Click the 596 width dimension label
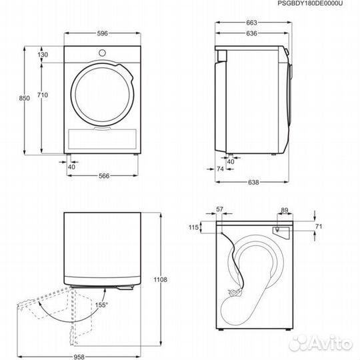point(102,33)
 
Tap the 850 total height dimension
point(25,98)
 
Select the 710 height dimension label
point(43,95)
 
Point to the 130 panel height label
point(43,55)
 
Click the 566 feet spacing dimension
point(104,176)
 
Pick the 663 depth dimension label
point(251,23)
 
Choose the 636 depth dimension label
point(251,33)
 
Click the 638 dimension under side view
point(253,182)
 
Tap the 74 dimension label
point(220,169)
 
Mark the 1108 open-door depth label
point(161,279)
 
